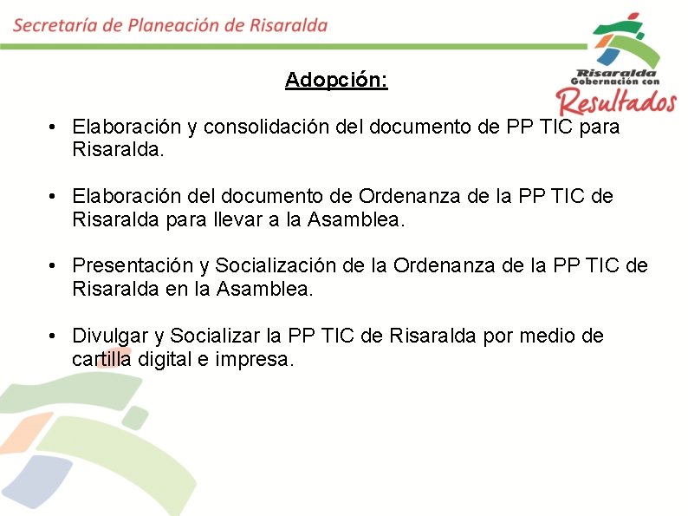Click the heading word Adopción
[x=336, y=81]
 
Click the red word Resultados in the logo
[x=617, y=102]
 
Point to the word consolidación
[x=285, y=127]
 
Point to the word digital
[x=171, y=358]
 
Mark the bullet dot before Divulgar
[x=54, y=336]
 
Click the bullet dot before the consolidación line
[x=54, y=127]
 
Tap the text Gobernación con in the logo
[x=610, y=82]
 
